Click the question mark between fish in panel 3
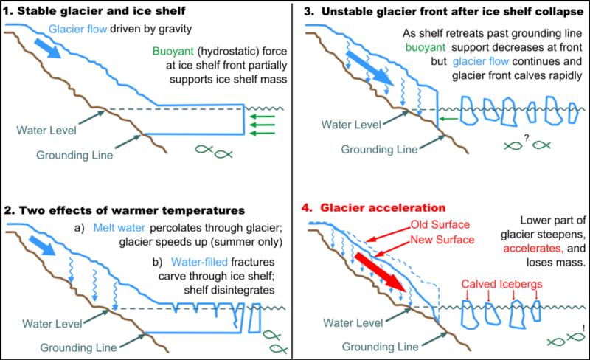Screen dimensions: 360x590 pos(527,136)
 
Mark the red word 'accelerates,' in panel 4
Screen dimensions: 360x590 pos(527,249)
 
